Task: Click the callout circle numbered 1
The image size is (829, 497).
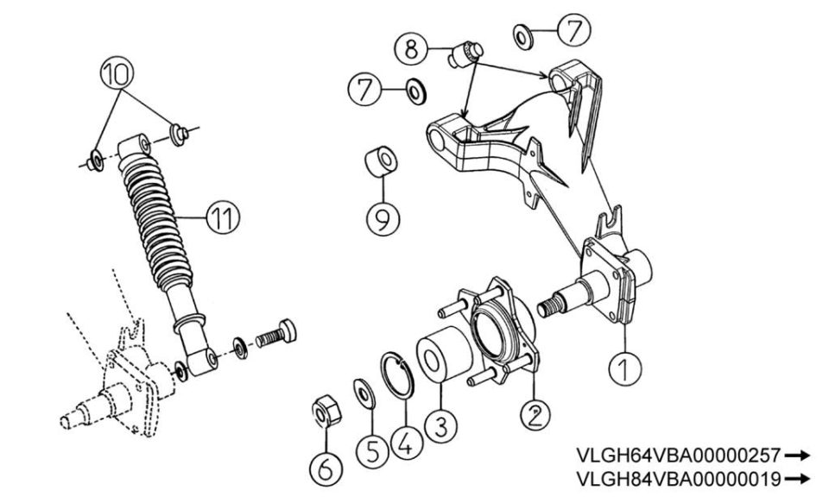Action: (x=624, y=368)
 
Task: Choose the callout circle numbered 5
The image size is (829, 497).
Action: (x=372, y=451)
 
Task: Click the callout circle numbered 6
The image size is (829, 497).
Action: (x=326, y=468)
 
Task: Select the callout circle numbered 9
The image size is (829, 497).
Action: (x=383, y=218)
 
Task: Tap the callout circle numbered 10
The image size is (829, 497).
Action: (x=117, y=73)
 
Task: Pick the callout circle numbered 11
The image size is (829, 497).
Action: (x=223, y=217)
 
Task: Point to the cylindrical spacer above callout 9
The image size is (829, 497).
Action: (x=381, y=161)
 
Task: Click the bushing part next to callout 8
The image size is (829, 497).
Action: (x=465, y=53)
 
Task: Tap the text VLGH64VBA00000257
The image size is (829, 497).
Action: (x=678, y=455)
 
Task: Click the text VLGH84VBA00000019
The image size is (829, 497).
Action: (x=678, y=479)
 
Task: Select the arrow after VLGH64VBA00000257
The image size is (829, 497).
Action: (x=797, y=455)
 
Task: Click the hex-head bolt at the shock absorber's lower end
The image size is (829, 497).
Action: (x=276, y=333)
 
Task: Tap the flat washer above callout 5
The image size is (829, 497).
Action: (x=364, y=393)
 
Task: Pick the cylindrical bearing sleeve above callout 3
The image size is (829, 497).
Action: (x=444, y=353)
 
